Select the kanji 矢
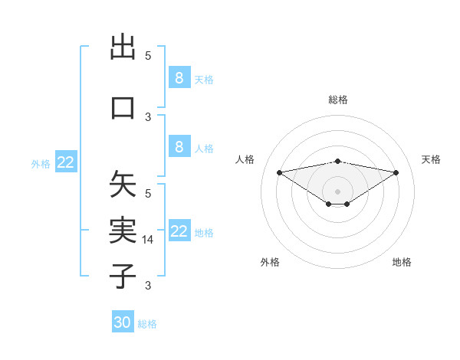coord(123,185)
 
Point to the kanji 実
coord(123,230)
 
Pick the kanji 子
coord(123,275)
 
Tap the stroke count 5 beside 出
coord(148,55)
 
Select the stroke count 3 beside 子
coord(148,286)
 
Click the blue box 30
coord(123,322)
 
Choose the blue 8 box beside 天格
coord(179,77)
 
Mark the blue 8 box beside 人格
coord(179,147)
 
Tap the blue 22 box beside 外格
coord(66,162)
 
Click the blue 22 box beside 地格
coord(179,231)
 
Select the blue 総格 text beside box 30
coord(148,324)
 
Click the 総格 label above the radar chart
coord(337,100)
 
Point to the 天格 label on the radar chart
coord(432,159)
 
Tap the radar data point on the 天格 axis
coord(396,172)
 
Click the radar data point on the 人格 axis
coord(279,172)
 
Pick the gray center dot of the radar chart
coord(337,191)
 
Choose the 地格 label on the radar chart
coord(402,262)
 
